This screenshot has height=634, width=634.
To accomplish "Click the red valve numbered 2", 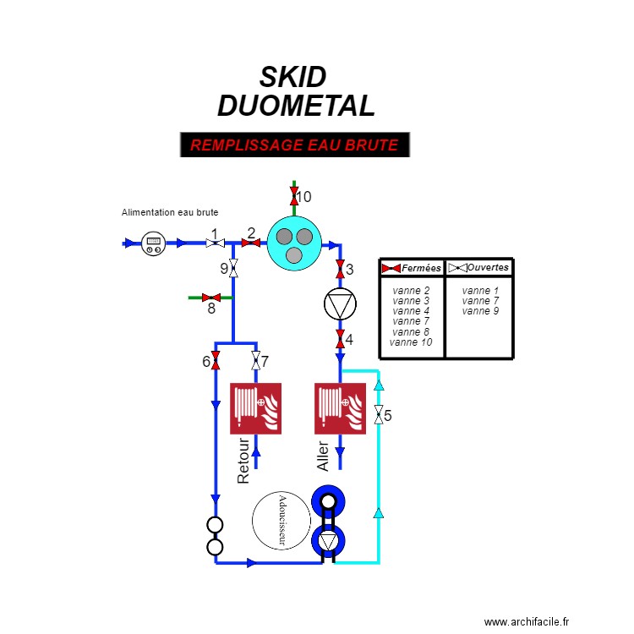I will [x=251, y=243].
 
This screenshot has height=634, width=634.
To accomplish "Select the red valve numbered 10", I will [x=294, y=197].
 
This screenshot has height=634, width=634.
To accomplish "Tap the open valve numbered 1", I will [x=215, y=243].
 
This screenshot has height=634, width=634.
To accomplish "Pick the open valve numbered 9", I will [x=234, y=269].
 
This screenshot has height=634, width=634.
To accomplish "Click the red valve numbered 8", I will [x=211, y=298].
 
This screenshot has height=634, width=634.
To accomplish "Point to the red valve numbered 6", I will [x=216, y=362].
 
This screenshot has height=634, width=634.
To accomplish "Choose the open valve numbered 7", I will [x=256, y=362].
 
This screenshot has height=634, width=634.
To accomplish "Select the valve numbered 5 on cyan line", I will [x=378, y=415].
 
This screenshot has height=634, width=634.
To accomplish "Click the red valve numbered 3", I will [x=339, y=271].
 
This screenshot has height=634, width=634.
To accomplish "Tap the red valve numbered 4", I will [x=339, y=340].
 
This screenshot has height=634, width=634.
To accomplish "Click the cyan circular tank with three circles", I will [x=294, y=243].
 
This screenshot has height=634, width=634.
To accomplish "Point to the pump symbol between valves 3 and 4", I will [x=339, y=305].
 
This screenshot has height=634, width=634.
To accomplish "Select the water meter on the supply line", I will [x=153, y=243].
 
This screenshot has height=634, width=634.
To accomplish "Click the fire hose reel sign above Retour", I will [x=255, y=409].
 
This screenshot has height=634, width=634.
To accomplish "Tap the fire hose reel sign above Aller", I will [x=340, y=409].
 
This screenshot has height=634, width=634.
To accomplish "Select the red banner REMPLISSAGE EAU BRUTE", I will [x=294, y=145].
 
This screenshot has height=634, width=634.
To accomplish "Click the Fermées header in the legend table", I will [x=413, y=268].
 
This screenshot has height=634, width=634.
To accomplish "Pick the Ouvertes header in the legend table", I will [x=479, y=268].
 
